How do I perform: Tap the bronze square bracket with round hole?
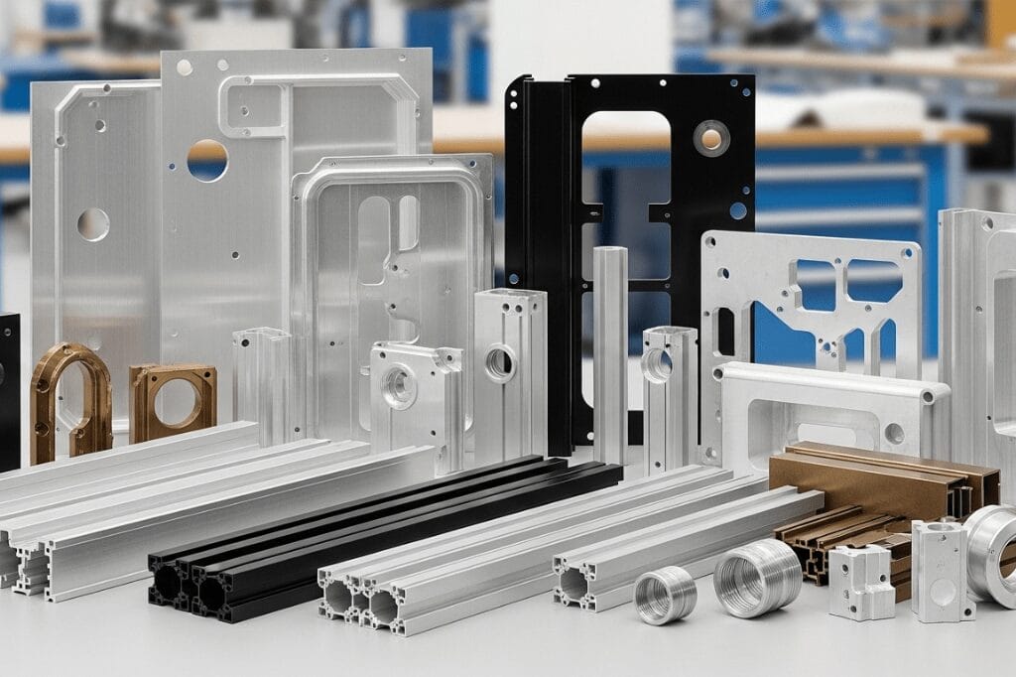(x=173, y=401)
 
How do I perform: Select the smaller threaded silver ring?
(x=665, y=595)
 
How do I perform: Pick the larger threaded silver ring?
(x=757, y=578)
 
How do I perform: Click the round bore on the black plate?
(x=711, y=137)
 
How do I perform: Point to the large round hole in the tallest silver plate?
(x=207, y=160)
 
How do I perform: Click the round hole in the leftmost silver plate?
(x=93, y=224)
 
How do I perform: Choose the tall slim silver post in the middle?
(x=609, y=338)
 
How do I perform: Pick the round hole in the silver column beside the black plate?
(x=500, y=362)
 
